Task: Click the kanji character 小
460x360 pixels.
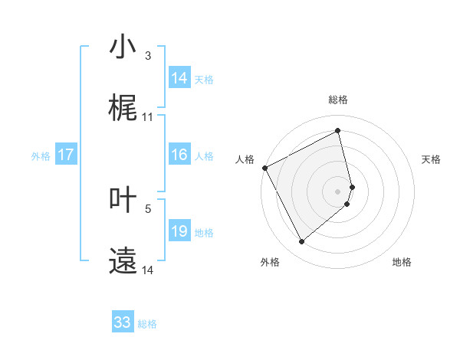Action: [x=123, y=47]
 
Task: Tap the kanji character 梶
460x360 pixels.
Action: [x=123, y=108]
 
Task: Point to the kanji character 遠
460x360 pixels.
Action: [x=123, y=261]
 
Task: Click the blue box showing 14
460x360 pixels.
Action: [x=179, y=78]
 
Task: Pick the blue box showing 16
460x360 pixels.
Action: [x=179, y=155]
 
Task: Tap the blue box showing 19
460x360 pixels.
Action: [x=179, y=231]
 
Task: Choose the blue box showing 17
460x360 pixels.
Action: [x=66, y=155]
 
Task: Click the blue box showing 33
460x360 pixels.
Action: [x=123, y=322]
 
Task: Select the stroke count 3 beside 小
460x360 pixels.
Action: [x=148, y=56]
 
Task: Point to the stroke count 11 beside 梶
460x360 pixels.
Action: [x=148, y=117]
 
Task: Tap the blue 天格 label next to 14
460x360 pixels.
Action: [x=204, y=80]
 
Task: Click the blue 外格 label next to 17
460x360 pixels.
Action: [x=41, y=156]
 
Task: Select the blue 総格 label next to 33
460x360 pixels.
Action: [x=147, y=324]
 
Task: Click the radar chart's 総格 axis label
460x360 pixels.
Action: [x=338, y=100]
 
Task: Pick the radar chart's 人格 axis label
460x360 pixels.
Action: [x=245, y=159]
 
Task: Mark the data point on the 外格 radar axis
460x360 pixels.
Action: [x=302, y=242]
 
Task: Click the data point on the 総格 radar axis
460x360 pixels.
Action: [x=338, y=131]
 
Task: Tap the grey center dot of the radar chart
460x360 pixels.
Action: [x=338, y=191]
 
